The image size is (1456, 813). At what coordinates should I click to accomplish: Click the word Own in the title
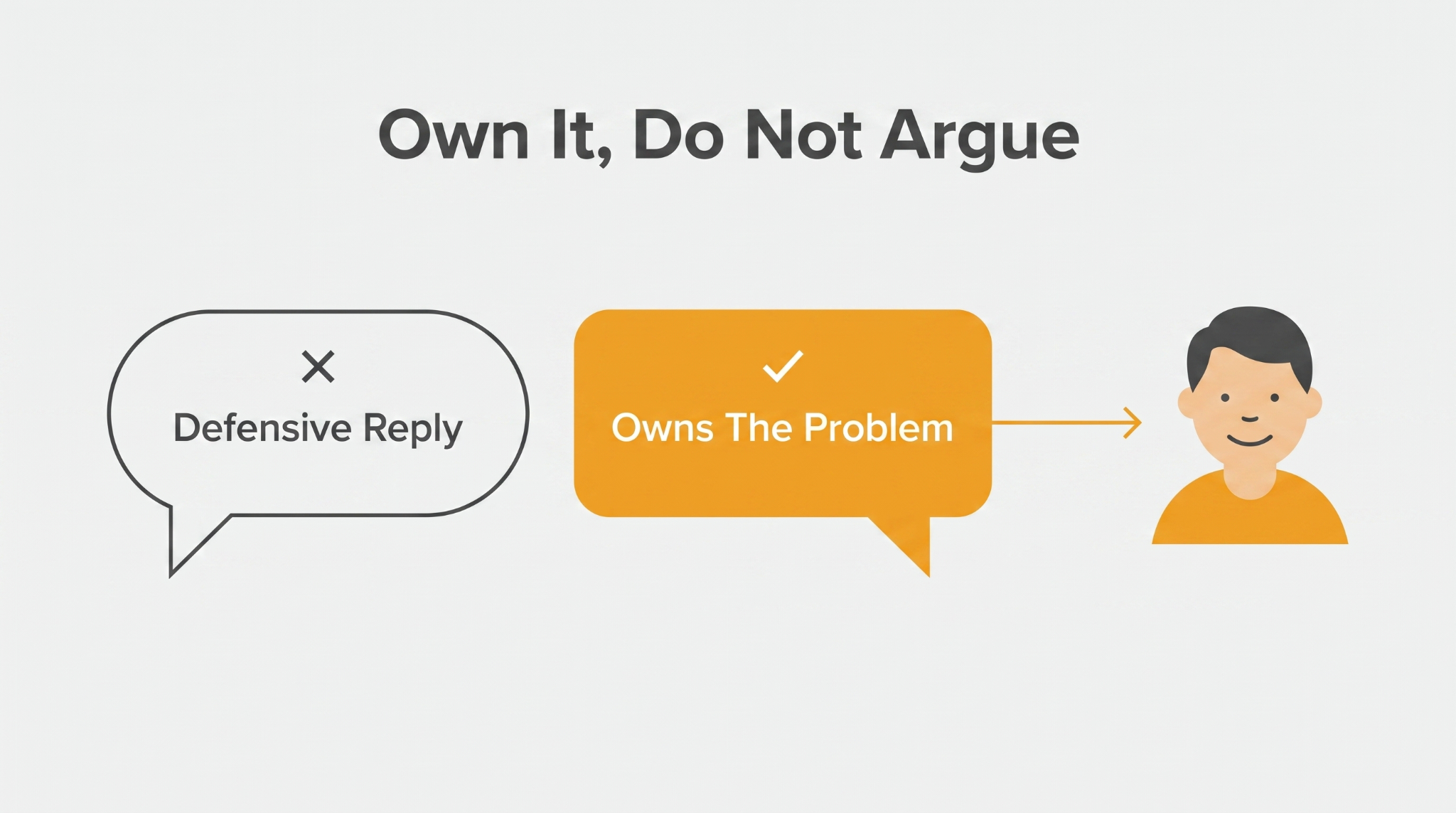coord(453,135)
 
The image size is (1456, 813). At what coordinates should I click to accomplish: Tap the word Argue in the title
coord(980,139)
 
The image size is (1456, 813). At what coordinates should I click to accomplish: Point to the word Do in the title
coord(678,135)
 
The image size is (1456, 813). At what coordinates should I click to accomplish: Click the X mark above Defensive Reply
coord(318,366)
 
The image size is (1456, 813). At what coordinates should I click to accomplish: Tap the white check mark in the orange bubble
coord(783,366)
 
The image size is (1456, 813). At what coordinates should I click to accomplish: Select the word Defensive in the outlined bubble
coord(262,427)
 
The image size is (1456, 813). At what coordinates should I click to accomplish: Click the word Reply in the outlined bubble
coord(412,430)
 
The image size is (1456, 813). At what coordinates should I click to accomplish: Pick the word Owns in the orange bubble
coord(662,427)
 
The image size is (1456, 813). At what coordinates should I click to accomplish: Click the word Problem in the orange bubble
coord(878,427)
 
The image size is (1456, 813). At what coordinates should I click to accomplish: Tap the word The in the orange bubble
coord(758,427)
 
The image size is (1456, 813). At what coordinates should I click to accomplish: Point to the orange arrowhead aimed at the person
coord(1132,423)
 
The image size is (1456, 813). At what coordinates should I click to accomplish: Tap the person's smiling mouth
coord(1249,441)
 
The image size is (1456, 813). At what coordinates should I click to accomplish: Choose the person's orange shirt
coord(1250,519)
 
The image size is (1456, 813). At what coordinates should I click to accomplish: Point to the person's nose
coord(1250,418)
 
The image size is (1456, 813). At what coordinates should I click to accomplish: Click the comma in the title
coord(604,159)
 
